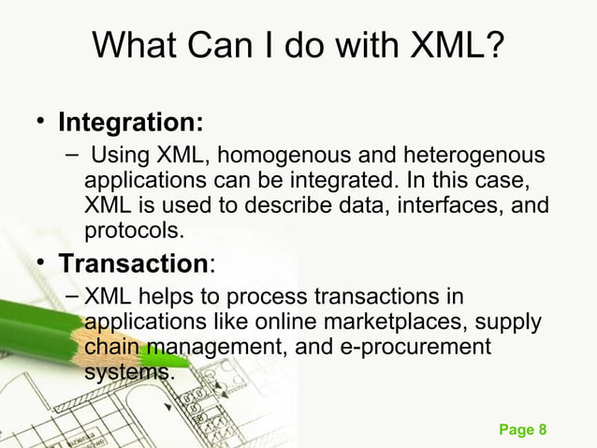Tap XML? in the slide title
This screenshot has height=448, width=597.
tap(459, 45)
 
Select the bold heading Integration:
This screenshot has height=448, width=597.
tap(132, 123)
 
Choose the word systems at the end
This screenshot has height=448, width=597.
tap(128, 372)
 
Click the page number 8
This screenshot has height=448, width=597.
tap(541, 429)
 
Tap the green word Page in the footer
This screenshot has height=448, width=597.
tap(516, 429)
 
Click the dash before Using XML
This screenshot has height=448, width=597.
tap(73, 154)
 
